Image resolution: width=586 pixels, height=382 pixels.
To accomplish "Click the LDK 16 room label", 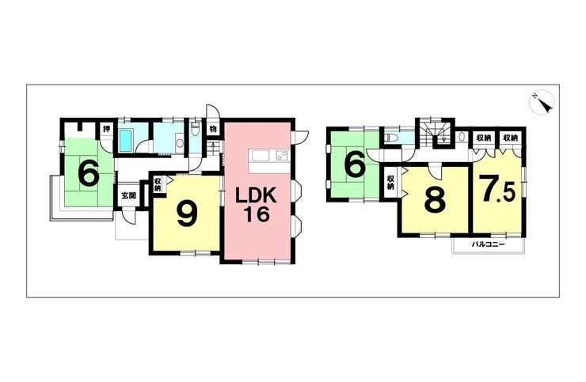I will (x=257, y=203).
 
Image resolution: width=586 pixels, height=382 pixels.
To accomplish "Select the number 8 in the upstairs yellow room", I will (x=433, y=199).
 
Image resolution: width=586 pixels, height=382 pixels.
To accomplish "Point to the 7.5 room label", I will (x=497, y=190).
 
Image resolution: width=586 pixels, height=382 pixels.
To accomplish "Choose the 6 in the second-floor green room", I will (x=354, y=165).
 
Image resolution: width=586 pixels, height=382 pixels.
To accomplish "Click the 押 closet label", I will (x=105, y=128).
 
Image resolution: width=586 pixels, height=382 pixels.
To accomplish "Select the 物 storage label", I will (x=213, y=128).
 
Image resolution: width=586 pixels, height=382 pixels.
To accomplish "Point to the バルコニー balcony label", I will (x=489, y=246).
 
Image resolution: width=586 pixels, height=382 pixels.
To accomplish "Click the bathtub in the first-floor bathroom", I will (x=126, y=142).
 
